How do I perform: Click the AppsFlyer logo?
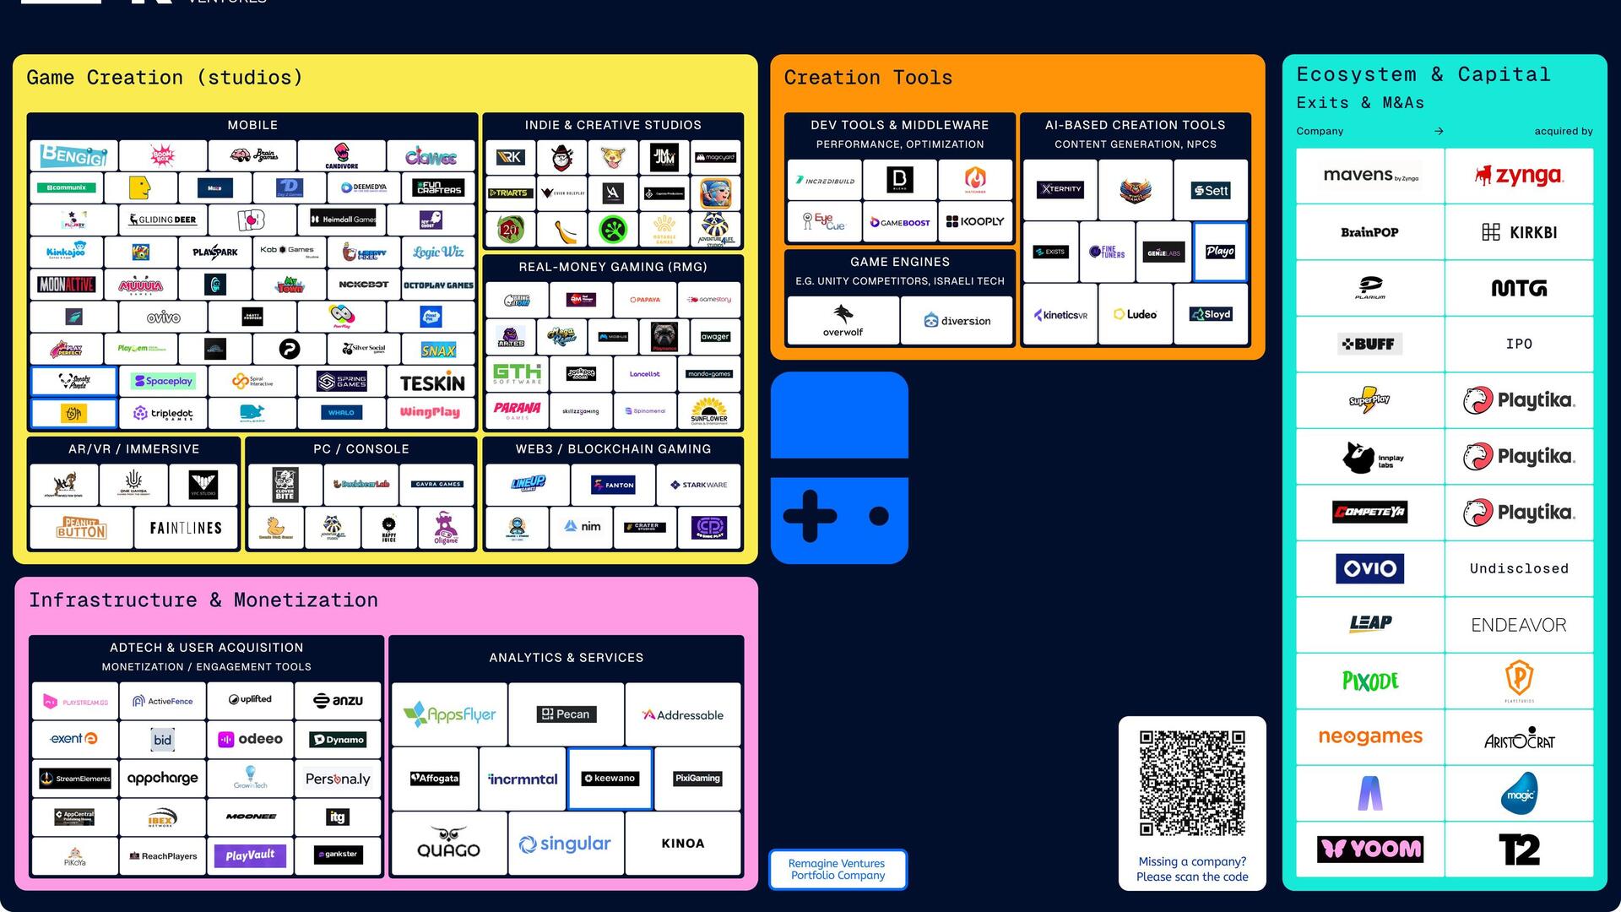449,714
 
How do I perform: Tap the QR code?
1192,783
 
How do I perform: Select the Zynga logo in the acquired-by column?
1518,176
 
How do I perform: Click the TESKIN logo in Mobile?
432,383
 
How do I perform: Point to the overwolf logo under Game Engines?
843,320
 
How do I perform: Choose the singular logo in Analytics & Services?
565,844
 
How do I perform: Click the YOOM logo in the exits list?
1370,849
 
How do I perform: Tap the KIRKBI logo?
1518,232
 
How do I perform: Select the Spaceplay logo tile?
163,381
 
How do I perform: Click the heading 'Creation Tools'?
868,78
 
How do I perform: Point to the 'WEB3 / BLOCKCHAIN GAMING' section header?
613,449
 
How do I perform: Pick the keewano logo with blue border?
610,779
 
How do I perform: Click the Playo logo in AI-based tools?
1220,252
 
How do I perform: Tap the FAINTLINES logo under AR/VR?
186,529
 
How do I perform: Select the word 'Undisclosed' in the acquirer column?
1518,568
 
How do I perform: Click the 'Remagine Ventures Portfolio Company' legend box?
838,870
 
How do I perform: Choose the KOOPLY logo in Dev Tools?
975,221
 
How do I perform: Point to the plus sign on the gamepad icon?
810,515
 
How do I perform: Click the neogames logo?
1370,736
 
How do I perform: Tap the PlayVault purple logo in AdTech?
250,855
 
